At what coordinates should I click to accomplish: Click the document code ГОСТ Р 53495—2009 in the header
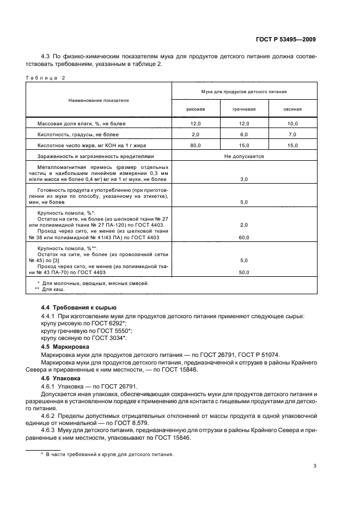(x=285, y=39)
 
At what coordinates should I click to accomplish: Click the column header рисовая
(x=196, y=109)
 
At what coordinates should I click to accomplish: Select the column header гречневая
(x=244, y=109)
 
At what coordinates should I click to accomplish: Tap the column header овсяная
(x=292, y=109)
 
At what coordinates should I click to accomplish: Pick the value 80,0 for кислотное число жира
(x=196, y=145)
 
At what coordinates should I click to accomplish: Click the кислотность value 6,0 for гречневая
(x=244, y=135)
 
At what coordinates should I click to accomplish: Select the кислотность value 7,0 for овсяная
(x=292, y=135)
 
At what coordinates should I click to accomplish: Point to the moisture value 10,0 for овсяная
(x=292, y=124)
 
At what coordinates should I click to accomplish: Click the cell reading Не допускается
(x=244, y=156)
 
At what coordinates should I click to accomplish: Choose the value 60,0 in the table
(x=244, y=238)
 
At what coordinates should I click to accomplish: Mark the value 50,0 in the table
(x=244, y=272)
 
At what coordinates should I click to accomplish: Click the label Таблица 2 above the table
(x=45, y=77)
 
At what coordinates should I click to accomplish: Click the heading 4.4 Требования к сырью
(x=78, y=308)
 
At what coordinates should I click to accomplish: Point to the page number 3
(x=315, y=466)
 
